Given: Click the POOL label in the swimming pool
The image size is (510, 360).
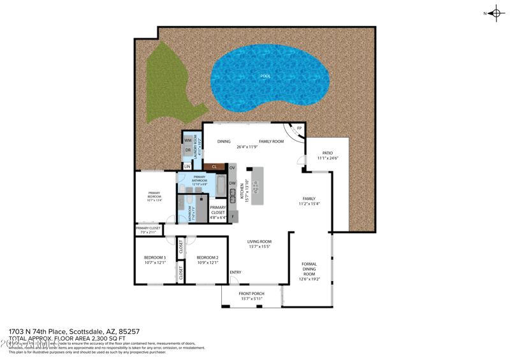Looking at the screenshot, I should [x=265, y=76].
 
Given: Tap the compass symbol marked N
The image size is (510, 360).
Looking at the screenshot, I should [x=496, y=13].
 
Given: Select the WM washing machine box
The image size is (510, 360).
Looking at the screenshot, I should [x=188, y=140].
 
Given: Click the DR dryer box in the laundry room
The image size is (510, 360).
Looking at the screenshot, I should [x=188, y=151].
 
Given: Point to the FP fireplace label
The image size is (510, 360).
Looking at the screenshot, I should [x=299, y=128].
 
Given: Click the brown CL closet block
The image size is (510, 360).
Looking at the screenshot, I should [x=215, y=167].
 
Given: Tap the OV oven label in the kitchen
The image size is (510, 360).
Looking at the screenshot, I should [x=232, y=168].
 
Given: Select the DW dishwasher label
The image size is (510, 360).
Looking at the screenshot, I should [x=232, y=184].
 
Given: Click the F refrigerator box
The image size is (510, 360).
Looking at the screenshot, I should [x=233, y=217].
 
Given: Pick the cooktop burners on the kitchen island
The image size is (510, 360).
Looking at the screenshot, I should [x=256, y=187].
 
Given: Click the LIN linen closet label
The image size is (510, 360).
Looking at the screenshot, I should [x=187, y=166].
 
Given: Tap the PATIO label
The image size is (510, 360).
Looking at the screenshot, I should [x=327, y=153].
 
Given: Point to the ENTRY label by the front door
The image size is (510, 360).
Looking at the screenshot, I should [x=235, y=273].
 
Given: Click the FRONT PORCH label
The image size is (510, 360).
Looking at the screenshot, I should [x=252, y=294].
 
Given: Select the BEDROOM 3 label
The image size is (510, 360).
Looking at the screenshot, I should [x=155, y=257].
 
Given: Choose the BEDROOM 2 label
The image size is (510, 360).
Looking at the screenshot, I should [x=208, y=257].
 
